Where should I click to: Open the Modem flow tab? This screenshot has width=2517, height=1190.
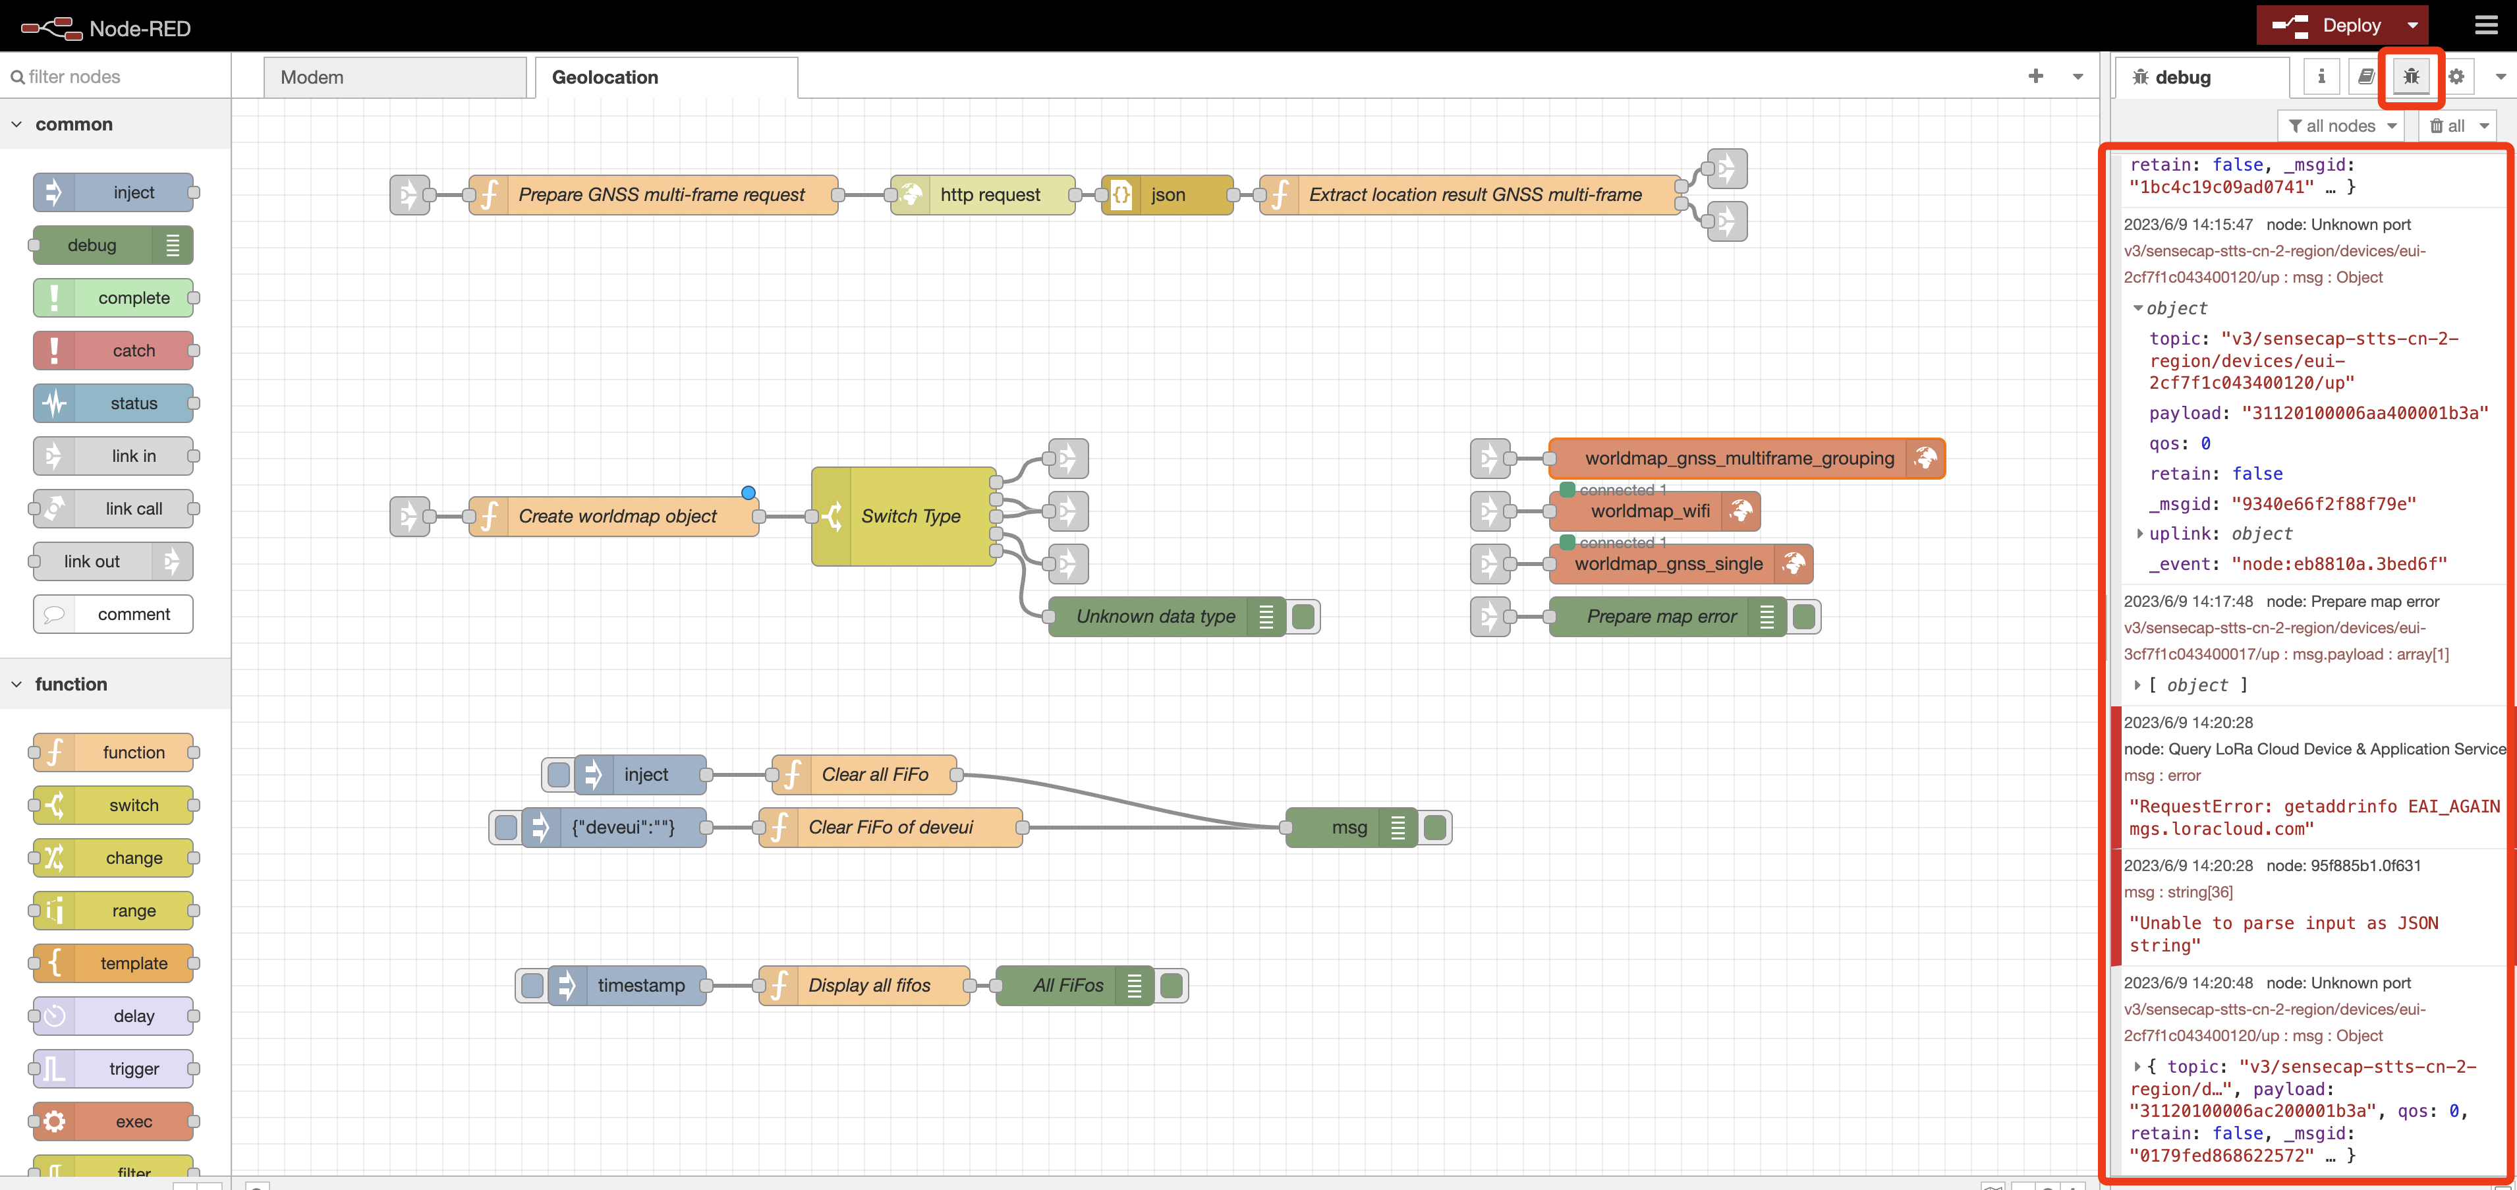pos(395,77)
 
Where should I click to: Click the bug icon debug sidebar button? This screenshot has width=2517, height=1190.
pos(2410,76)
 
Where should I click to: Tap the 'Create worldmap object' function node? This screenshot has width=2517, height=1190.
pos(617,516)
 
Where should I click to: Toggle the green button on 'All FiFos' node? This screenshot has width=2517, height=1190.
pos(1172,986)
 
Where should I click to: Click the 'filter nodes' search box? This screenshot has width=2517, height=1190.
pos(115,76)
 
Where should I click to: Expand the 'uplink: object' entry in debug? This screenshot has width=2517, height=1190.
pos(2140,534)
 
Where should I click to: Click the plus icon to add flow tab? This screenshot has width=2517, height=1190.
pos(2035,76)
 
